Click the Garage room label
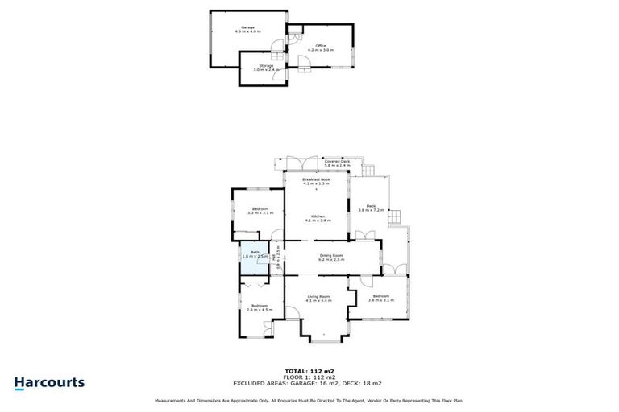point(247,29)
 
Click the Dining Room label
point(330,257)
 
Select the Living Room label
point(318,299)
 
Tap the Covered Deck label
point(337,163)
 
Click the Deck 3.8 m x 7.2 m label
point(371,208)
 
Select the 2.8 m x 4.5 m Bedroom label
point(259,307)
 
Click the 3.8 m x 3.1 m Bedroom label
point(380,299)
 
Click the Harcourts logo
point(49,382)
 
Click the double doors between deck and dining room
point(364,236)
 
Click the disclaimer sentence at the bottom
point(309,400)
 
